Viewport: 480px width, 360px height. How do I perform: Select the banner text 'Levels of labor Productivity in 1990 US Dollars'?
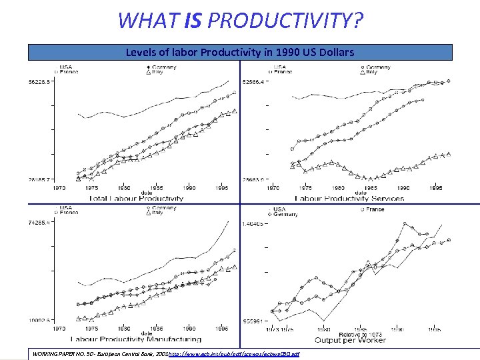[240, 52]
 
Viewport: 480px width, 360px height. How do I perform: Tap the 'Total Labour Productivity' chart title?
[136, 199]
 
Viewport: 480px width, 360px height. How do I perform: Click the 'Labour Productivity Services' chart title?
[349, 199]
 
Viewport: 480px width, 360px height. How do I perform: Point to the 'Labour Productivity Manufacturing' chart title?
[136, 341]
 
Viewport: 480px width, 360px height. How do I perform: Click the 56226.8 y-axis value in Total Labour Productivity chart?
[40, 83]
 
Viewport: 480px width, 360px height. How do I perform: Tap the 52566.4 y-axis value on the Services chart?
[255, 83]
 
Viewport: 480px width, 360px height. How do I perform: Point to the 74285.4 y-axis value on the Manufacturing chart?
[40, 223]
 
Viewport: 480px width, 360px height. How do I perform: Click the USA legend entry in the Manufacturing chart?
[66, 207]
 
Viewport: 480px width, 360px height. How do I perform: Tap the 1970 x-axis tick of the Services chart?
[273, 188]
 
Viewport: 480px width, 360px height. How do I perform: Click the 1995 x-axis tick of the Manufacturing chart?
[222, 329]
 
